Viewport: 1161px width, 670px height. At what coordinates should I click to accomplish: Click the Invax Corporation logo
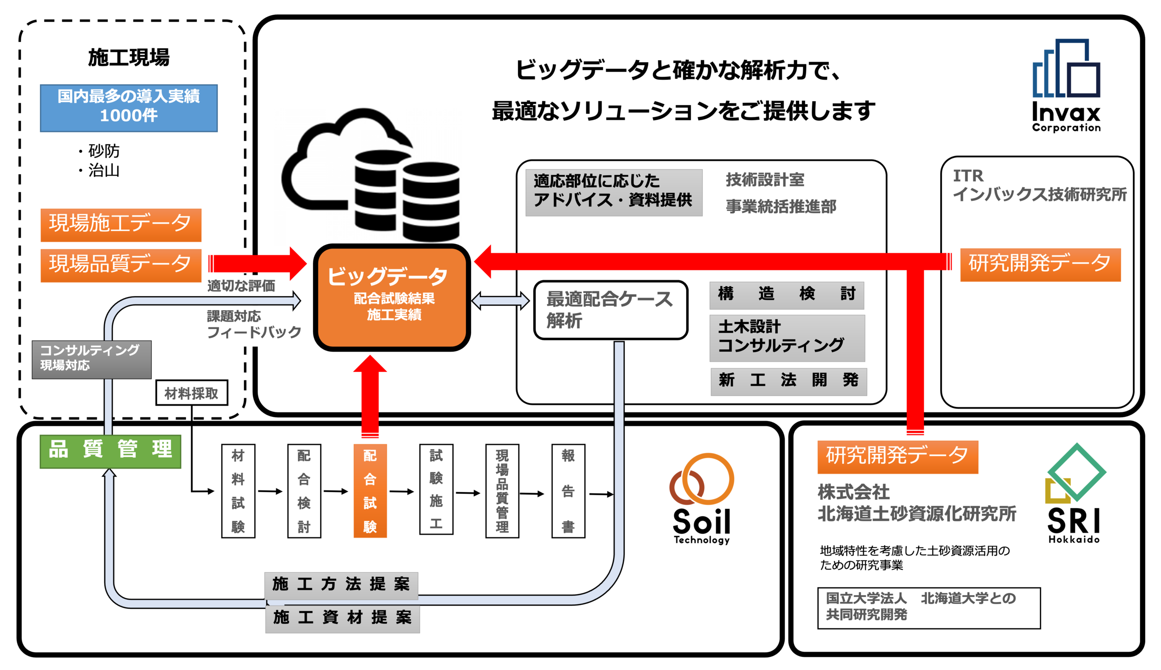(1066, 86)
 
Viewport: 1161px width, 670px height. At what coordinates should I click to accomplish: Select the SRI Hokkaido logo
(1075, 493)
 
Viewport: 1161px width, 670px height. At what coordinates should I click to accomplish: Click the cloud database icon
(371, 175)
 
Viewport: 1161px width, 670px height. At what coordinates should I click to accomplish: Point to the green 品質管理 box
(110, 451)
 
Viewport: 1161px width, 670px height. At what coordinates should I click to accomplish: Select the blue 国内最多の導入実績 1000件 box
(129, 108)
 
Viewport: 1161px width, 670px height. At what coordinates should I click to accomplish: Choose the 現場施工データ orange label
(121, 225)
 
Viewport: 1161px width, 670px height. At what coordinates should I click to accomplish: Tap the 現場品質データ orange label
(121, 265)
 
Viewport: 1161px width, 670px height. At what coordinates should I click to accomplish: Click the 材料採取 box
(192, 392)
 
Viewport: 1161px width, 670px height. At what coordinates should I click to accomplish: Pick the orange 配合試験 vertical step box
(370, 490)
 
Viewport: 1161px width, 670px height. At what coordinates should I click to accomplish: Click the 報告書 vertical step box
(569, 490)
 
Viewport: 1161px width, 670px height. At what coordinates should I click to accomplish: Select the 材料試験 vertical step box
(238, 490)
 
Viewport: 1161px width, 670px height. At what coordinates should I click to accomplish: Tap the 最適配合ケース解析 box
(611, 310)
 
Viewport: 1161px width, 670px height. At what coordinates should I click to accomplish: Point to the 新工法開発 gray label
(789, 381)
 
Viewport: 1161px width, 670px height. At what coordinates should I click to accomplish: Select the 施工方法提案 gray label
(341, 585)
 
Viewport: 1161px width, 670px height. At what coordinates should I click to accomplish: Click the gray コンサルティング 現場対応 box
(92, 359)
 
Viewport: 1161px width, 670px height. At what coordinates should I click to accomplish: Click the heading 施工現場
(129, 58)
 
